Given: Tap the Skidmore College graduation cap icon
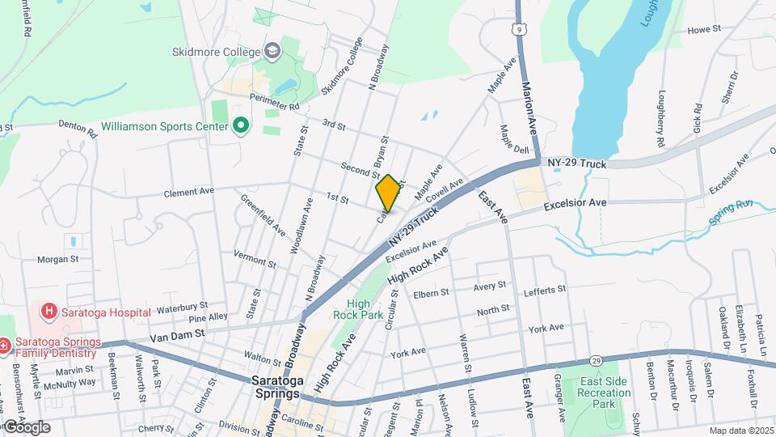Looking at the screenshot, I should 272,52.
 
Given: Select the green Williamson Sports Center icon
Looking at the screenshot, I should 240,126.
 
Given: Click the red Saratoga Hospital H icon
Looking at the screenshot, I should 49,312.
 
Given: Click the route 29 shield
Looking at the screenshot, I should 596,359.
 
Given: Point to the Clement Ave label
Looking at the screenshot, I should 188,193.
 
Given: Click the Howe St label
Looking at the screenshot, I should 703,29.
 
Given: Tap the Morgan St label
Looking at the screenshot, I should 57,260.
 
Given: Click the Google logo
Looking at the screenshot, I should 26,426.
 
